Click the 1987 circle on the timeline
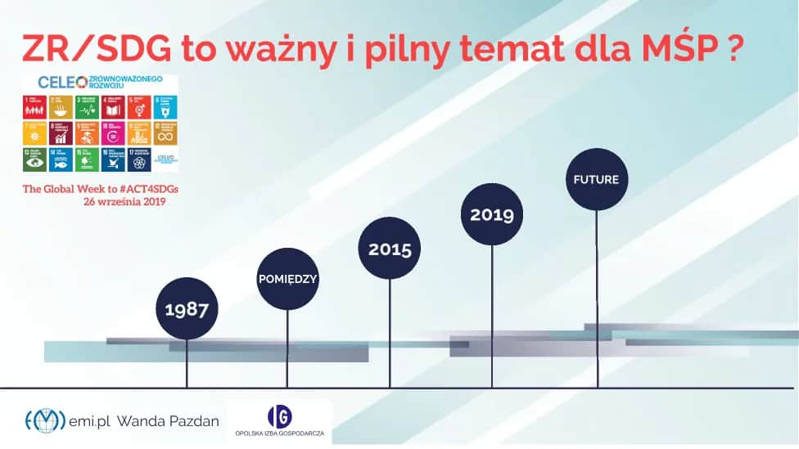click(187, 309)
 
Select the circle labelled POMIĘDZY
click(287, 279)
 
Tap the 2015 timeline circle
click(390, 249)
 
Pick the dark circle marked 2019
click(491, 214)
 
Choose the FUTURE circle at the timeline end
click(596, 178)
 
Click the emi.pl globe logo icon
click(45, 420)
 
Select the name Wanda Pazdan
click(167, 421)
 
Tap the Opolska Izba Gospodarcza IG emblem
click(278, 415)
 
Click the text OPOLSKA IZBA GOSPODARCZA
click(278, 433)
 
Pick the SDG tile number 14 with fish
click(61, 159)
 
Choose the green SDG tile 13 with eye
click(36, 159)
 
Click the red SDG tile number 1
click(36, 106)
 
